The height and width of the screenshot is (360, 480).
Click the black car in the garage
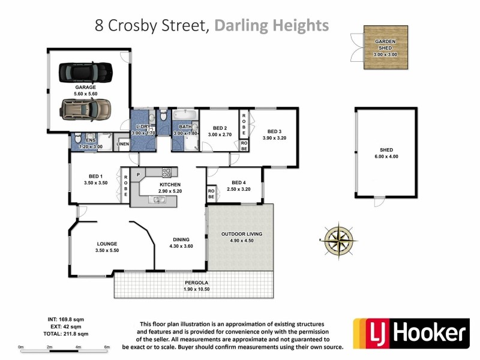[85, 72]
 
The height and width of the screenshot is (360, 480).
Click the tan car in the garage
[86, 109]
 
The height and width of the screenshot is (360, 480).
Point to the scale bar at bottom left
[64, 347]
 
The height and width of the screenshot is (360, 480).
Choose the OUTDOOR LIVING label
[241, 234]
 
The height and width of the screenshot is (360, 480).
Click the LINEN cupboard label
[122, 144]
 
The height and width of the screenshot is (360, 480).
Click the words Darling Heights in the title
[272, 25]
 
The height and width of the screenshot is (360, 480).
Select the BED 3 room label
[274, 131]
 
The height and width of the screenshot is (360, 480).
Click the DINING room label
[181, 238]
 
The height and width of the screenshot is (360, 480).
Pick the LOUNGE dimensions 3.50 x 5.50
[107, 250]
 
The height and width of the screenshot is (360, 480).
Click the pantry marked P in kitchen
[138, 175]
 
